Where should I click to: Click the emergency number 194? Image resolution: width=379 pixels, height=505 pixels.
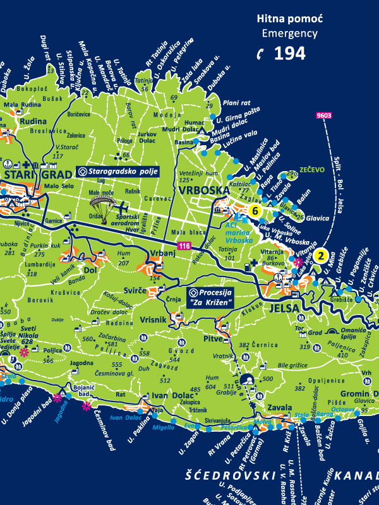[290, 53]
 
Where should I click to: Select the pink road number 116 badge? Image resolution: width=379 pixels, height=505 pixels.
[184, 245]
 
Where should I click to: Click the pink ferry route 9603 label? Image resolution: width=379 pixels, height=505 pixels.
[324, 116]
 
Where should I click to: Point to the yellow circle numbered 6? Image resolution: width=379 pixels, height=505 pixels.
[255, 211]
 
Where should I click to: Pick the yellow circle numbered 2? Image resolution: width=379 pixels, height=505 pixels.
[321, 256]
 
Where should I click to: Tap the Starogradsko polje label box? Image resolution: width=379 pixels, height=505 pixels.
[117, 171]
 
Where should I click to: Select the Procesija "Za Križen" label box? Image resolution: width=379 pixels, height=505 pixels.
[210, 297]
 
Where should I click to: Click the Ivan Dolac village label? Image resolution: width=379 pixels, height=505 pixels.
[168, 395]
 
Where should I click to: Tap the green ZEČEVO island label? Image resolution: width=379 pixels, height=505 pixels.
[311, 170]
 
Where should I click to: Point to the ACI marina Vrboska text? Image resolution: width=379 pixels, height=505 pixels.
[239, 232]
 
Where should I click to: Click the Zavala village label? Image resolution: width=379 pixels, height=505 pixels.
[262, 407]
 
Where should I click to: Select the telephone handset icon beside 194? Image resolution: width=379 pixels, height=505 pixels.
[260, 54]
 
